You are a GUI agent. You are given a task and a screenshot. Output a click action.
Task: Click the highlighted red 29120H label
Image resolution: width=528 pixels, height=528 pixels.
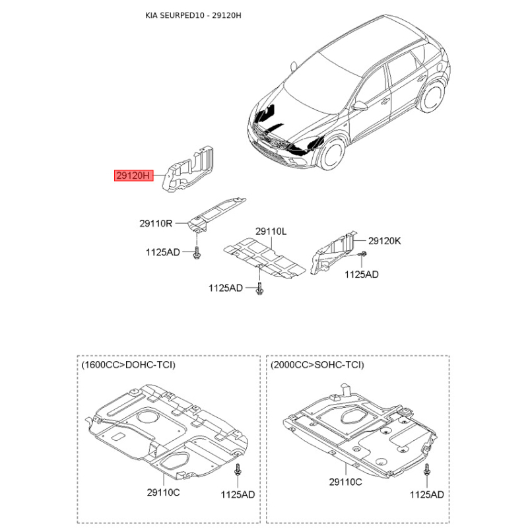(x=134, y=176)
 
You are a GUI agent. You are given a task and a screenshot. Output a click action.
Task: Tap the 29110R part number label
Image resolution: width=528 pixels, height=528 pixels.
(x=156, y=223)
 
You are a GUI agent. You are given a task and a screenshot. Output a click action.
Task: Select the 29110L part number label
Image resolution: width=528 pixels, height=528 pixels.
(x=271, y=232)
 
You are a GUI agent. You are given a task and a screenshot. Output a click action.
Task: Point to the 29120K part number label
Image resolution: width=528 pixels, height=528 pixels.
(x=385, y=241)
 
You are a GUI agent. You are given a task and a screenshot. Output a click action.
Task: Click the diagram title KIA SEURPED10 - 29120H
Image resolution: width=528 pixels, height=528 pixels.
(x=193, y=15)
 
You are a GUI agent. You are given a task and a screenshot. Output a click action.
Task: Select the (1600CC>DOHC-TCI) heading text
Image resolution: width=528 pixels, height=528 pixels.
(x=128, y=365)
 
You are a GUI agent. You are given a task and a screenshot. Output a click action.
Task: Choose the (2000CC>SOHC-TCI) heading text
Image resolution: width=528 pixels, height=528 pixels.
(x=317, y=365)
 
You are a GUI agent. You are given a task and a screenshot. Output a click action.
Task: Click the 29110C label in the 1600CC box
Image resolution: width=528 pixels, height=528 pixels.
(x=163, y=492)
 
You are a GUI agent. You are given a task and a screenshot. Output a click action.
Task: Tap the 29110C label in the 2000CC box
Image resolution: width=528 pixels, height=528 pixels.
(x=345, y=482)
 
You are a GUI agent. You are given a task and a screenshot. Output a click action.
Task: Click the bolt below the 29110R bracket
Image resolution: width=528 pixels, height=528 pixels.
(x=197, y=253)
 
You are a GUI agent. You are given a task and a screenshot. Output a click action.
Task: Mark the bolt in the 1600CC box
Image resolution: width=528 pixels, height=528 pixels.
(x=238, y=470)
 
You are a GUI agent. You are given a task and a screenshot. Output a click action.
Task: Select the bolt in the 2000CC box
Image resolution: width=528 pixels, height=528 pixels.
(x=426, y=470)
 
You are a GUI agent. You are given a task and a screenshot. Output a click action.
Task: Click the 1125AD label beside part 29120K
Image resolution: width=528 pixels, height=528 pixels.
(x=361, y=275)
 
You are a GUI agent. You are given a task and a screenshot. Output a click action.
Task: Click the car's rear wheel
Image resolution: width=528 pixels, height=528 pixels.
(x=432, y=97)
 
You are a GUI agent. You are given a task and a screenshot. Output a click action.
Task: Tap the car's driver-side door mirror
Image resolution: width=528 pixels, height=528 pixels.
(x=360, y=106)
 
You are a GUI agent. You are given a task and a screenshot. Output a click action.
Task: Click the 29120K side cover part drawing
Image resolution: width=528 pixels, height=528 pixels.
(x=333, y=253)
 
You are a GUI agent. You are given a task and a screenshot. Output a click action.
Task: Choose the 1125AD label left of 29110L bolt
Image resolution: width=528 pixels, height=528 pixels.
(x=226, y=288)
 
